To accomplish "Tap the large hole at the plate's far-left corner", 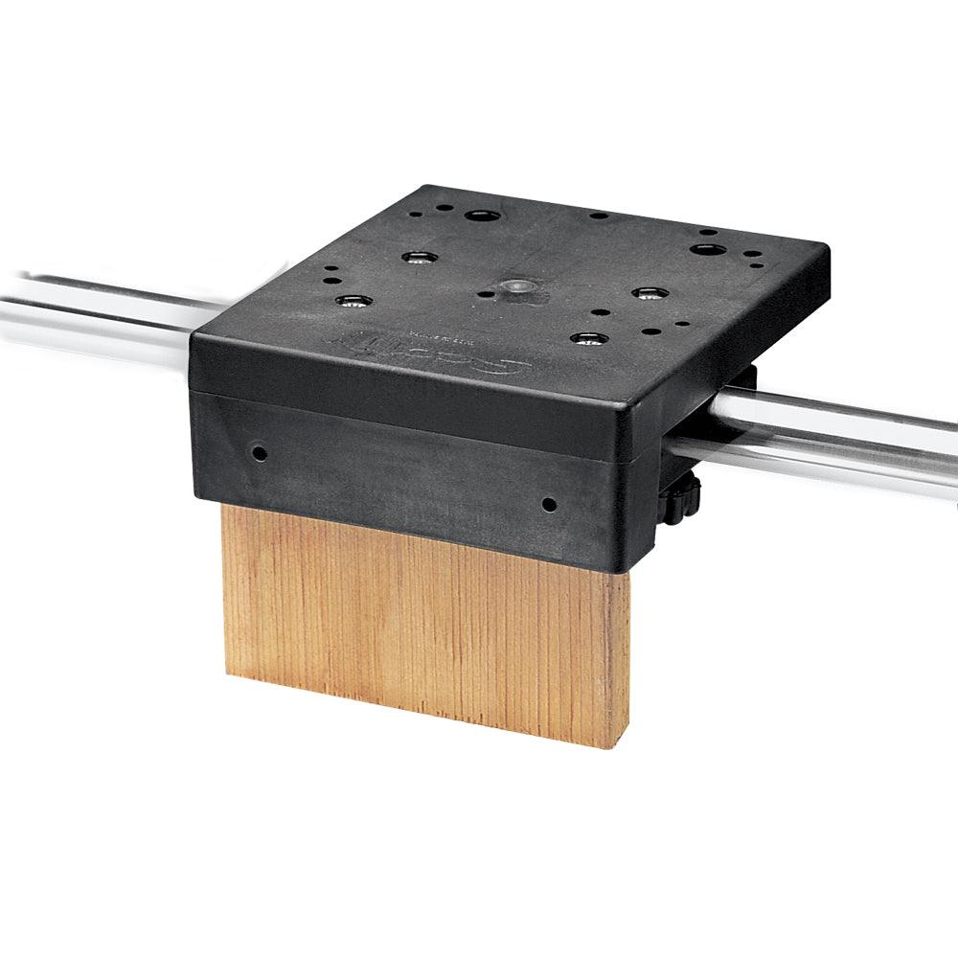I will [x=477, y=216].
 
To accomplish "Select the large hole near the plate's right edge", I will [x=707, y=249].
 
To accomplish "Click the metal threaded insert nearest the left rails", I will [x=354, y=301].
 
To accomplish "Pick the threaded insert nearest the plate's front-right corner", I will [x=587, y=337].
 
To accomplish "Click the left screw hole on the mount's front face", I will [x=258, y=451].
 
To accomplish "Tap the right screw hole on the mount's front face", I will [x=548, y=503].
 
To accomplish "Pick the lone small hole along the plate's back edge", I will [x=598, y=216].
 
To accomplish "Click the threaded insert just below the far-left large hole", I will [x=420, y=257].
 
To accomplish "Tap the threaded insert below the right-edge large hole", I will [x=649, y=291].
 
